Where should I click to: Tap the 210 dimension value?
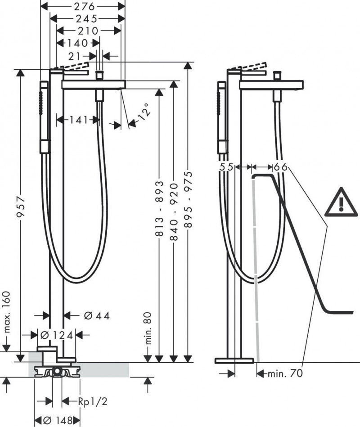pyautogui.click(x=88, y=31)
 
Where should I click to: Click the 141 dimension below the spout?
pyautogui.click(x=78, y=120)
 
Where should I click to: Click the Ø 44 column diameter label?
pyautogui.click(x=97, y=315)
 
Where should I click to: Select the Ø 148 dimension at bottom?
pyautogui.click(x=58, y=420)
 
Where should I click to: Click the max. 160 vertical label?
pyautogui.click(x=7, y=315)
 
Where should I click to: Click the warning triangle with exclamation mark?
pyautogui.click(x=341, y=201)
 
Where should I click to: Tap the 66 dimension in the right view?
pyautogui.click(x=281, y=167)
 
